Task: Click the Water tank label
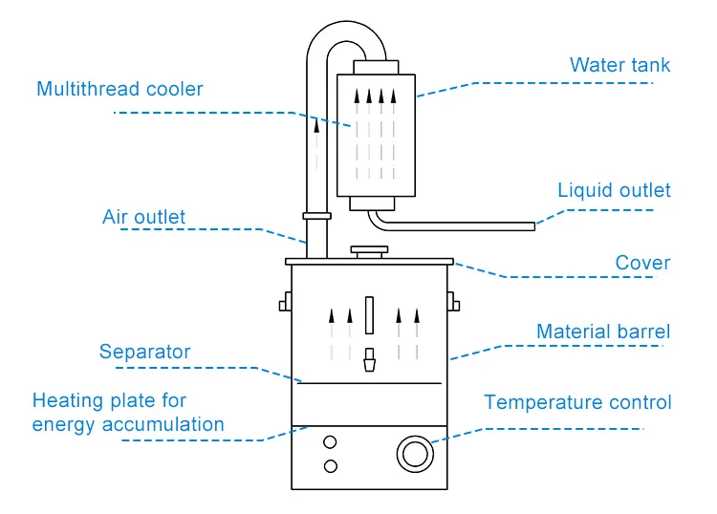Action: [619, 66]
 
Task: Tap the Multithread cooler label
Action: [119, 90]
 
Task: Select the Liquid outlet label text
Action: [614, 190]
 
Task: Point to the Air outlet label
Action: [144, 217]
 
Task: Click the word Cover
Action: [642, 263]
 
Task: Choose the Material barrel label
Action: [602, 332]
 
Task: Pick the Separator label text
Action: [144, 352]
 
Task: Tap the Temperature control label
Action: [577, 402]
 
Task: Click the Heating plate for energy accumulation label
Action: [128, 413]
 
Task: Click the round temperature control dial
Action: [414, 453]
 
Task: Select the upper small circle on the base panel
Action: [331, 442]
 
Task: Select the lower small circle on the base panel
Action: [331, 465]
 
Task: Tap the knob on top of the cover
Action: [369, 252]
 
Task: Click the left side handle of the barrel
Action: [284, 306]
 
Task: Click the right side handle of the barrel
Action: [456, 306]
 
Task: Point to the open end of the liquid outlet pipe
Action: [532, 225]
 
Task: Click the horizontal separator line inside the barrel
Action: [369, 382]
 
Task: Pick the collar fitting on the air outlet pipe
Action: [315, 216]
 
